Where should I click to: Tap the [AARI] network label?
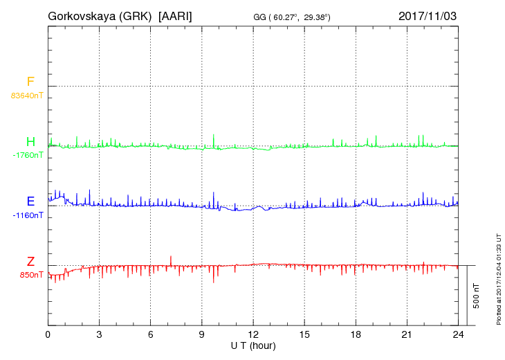[176, 15]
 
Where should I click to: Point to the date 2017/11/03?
[428, 15]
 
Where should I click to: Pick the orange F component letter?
[30, 82]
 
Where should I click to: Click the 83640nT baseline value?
[27, 96]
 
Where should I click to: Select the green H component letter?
[30, 141]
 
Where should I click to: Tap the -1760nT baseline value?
[28, 155]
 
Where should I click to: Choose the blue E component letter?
[30, 201]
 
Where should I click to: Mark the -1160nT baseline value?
[28, 215]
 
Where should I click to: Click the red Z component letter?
[30, 262]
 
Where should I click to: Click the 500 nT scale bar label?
[477, 296]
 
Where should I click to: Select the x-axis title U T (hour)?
[253, 345]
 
